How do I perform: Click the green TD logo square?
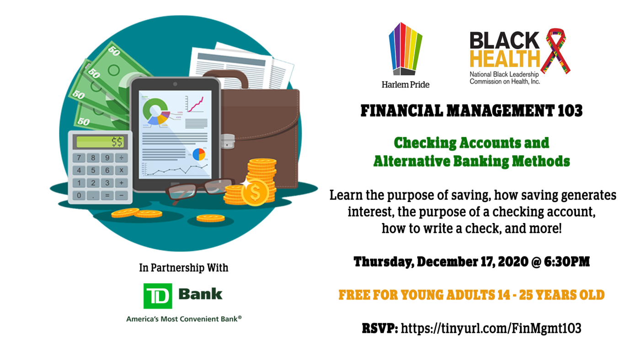click(158, 296)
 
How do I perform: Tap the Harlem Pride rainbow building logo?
click(405, 49)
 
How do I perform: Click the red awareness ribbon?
click(555, 51)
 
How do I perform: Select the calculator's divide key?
click(122, 158)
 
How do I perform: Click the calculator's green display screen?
click(100, 142)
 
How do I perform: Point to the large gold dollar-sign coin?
click(255, 193)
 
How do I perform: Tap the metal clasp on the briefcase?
click(228, 141)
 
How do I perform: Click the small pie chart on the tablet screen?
click(199, 154)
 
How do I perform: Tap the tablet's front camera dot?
click(175, 84)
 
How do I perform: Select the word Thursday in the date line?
click(384, 262)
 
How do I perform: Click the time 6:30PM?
click(567, 261)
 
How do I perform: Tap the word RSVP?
click(380, 328)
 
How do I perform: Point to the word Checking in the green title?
click(425, 143)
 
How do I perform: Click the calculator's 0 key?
click(79, 196)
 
